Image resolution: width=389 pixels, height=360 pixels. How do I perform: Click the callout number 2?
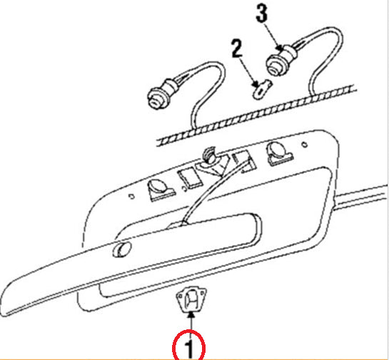(x=237, y=49)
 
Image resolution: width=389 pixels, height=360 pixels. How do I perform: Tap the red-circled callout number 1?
(x=189, y=349)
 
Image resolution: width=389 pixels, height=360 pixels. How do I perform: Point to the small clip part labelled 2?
(x=261, y=89)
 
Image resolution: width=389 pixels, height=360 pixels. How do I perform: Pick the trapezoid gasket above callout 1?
(x=191, y=300)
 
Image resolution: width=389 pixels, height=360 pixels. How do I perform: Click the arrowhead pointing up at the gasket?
(x=191, y=315)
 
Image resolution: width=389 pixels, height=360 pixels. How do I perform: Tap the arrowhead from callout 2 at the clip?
(x=256, y=84)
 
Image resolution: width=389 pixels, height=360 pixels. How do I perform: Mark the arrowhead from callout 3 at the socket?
(x=279, y=48)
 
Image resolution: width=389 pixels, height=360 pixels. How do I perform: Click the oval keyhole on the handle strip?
(x=121, y=249)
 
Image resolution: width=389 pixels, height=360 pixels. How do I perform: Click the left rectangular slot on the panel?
(x=191, y=178)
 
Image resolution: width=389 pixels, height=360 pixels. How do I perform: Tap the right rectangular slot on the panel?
(x=243, y=161)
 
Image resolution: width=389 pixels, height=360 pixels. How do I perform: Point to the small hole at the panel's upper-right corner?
(x=305, y=144)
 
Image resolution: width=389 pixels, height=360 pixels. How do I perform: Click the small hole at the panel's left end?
(x=132, y=196)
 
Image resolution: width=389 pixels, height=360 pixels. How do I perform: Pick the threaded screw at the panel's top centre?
(x=209, y=155)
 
